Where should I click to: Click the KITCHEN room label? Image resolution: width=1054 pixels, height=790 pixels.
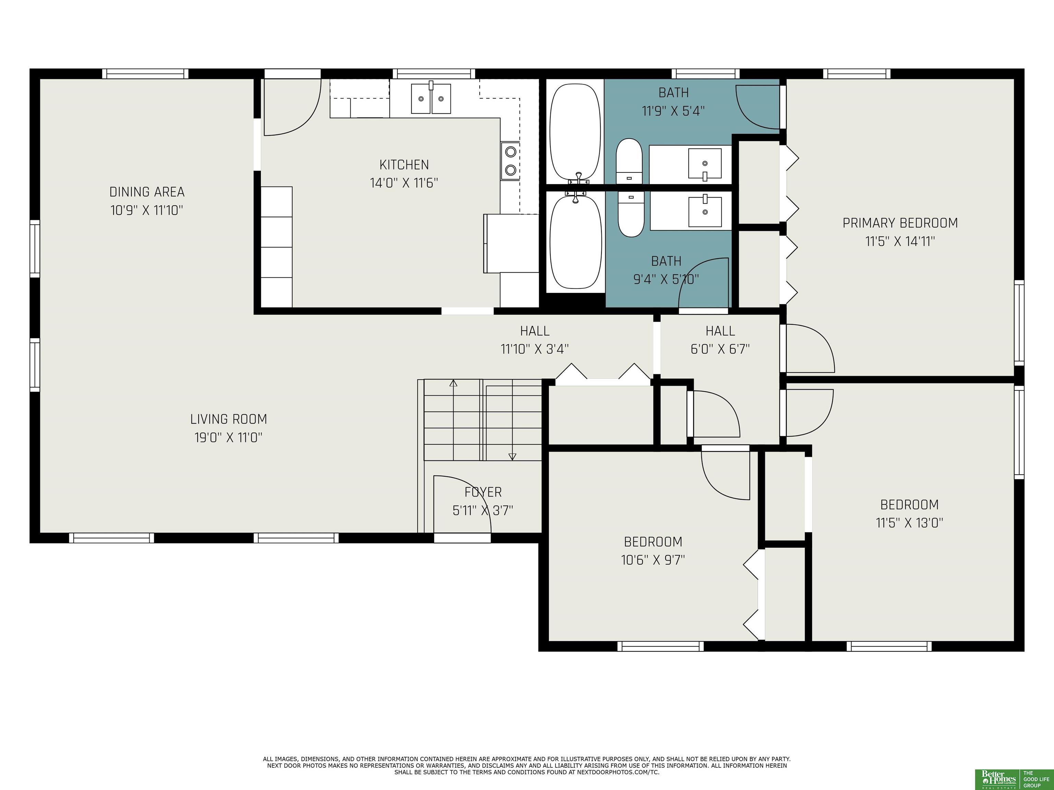[x=404, y=165]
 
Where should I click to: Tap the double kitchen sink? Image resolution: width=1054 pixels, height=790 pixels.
[x=431, y=98]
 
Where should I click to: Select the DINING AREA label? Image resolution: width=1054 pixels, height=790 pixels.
[x=147, y=192]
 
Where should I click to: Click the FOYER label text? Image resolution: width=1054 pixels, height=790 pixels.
[x=483, y=492]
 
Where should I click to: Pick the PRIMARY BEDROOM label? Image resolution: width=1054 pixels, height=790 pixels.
[x=900, y=223]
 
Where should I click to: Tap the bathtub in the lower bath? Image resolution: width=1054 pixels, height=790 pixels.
[x=576, y=242]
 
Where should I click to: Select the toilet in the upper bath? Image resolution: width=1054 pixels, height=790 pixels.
[x=629, y=160]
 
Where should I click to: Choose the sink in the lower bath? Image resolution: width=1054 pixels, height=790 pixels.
[x=705, y=211]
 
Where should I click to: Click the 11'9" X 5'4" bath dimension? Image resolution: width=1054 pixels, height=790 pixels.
[x=673, y=111]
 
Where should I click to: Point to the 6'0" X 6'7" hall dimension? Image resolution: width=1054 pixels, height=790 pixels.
[x=720, y=349]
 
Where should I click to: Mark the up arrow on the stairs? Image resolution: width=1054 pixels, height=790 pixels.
[x=453, y=383]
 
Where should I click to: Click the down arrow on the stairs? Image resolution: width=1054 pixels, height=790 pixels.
[x=512, y=456]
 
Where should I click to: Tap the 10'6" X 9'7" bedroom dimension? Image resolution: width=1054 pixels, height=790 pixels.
[x=653, y=560]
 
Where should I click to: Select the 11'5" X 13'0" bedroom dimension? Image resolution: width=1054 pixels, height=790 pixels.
[x=909, y=523]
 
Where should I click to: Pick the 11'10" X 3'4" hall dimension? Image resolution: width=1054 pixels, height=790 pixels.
[x=535, y=349]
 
